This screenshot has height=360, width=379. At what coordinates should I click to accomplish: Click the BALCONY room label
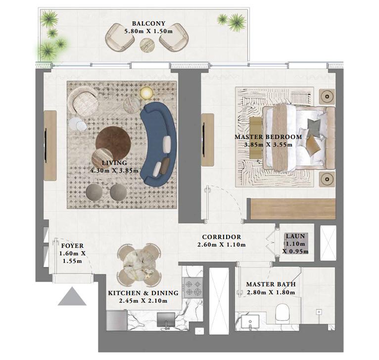tap(148, 23)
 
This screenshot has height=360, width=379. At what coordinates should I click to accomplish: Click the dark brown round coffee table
tap(114, 142)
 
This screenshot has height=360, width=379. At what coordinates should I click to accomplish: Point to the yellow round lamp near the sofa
tap(147, 93)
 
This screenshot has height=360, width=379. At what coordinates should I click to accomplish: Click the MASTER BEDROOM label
tap(268, 137)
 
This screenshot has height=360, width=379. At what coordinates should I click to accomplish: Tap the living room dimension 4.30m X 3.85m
tap(114, 171)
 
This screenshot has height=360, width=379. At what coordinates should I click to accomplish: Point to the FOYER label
tap(72, 246)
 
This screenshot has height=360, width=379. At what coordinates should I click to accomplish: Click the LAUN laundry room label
tap(295, 237)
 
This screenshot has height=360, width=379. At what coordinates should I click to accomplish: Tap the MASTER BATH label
tap(271, 284)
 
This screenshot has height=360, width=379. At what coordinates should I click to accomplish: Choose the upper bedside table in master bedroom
tap(327, 95)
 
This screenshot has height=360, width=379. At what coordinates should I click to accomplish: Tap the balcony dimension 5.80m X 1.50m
tap(148, 32)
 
